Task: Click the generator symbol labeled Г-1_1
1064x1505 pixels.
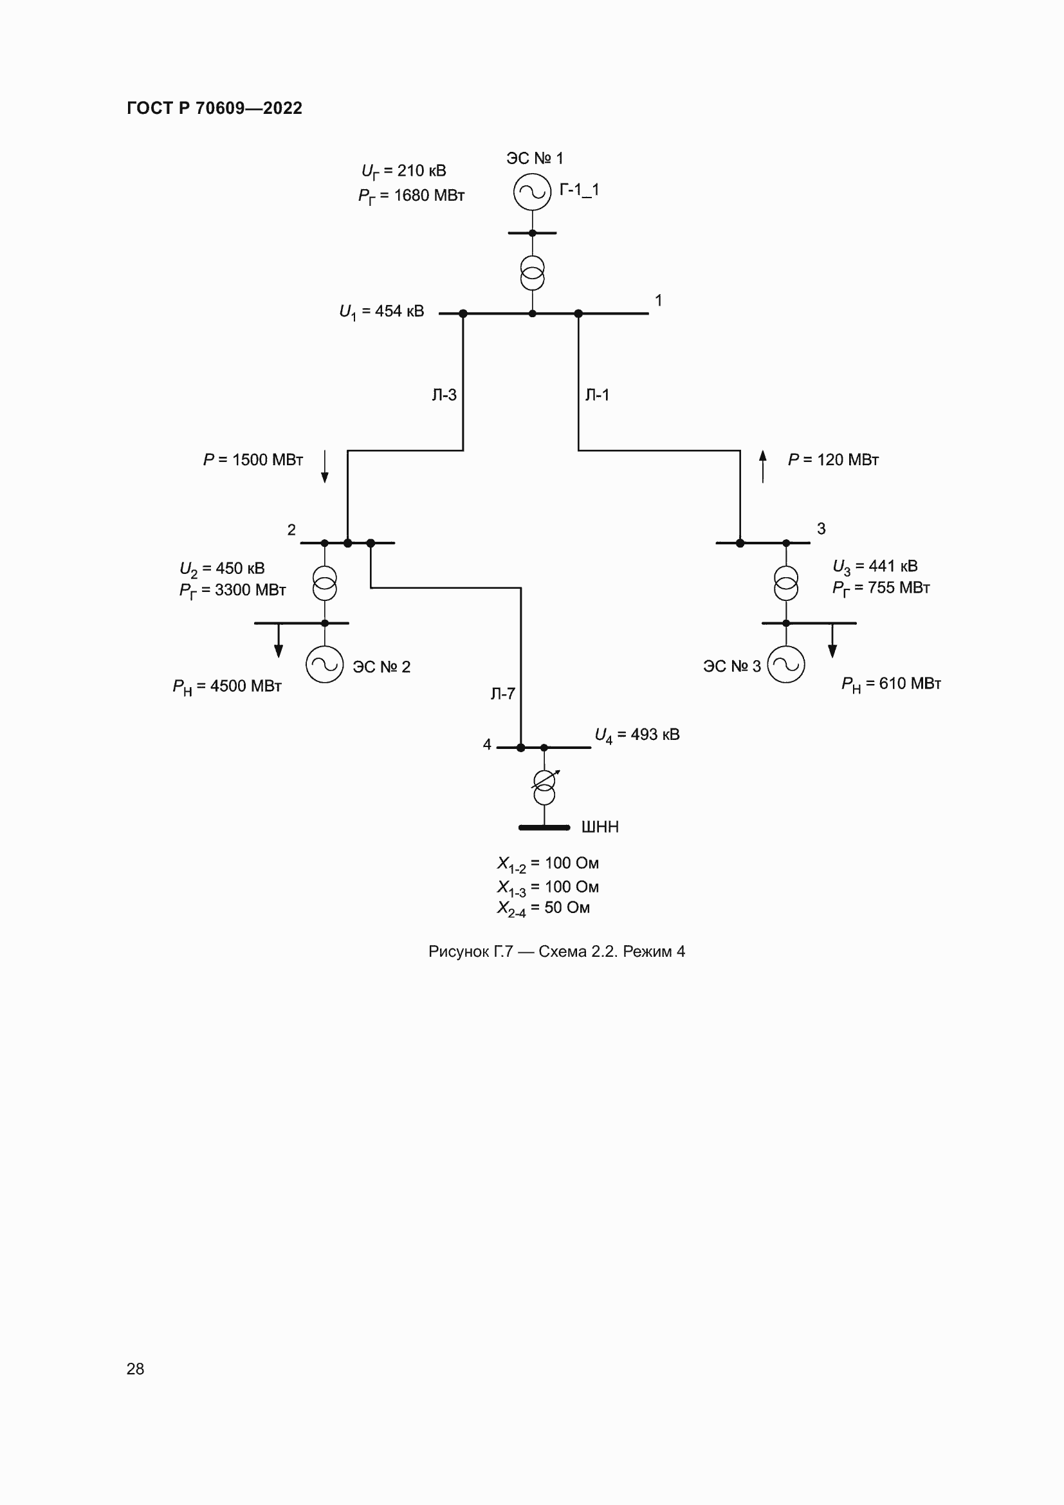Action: pyautogui.click(x=532, y=192)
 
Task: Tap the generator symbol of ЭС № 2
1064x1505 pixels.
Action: pyautogui.click(x=324, y=665)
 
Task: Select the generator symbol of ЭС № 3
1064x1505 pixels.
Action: pyautogui.click(x=785, y=665)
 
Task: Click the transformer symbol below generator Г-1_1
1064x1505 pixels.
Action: pyautogui.click(x=532, y=273)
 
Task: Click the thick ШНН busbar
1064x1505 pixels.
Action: pyautogui.click(x=544, y=828)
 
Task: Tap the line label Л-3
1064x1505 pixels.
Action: pyautogui.click(x=445, y=395)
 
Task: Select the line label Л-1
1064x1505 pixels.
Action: pyautogui.click(x=597, y=395)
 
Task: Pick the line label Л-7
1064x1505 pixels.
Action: pyautogui.click(x=502, y=694)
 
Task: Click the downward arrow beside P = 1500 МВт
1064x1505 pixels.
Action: pyautogui.click(x=324, y=466)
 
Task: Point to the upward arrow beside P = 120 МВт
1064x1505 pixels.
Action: pyautogui.click(x=763, y=466)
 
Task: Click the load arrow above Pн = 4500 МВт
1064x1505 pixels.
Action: pyautogui.click(x=279, y=640)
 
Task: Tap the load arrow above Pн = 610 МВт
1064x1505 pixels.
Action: pyautogui.click(x=832, y=640)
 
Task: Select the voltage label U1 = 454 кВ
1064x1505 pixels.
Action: pyautogui.click(x=381, y=312)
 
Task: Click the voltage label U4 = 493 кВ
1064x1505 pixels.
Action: pyautogui.click(x=637, y=735)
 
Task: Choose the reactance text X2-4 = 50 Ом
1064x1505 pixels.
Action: pyautogui.click(x=543, y=909)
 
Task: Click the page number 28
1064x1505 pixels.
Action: pyautogui.click(x=135, y=1369)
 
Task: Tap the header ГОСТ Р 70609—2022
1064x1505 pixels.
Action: pyautogui.click(x=214, y=108)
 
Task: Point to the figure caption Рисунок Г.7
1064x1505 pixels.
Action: pyautogui.click(x=556, y=952)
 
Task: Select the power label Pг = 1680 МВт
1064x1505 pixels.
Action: pyautogui.click(x=411, y=196)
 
